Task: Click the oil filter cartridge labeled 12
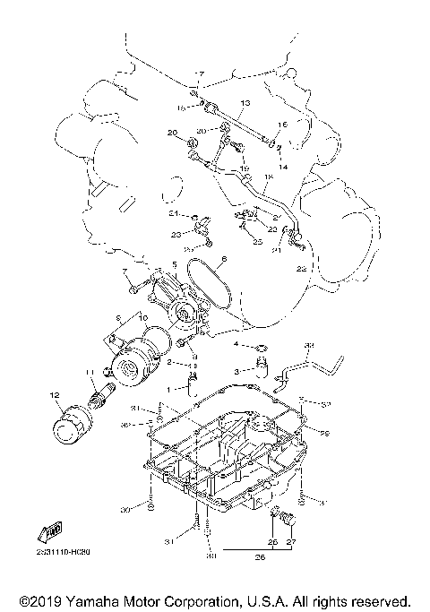(68, 432)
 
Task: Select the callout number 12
(54, 395)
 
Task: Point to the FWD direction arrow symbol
(53, 531)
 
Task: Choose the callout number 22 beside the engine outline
(301, 268)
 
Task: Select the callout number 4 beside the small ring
(236, 344)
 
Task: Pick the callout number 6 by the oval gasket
(224, 260)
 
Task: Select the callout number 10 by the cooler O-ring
(142, 317)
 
